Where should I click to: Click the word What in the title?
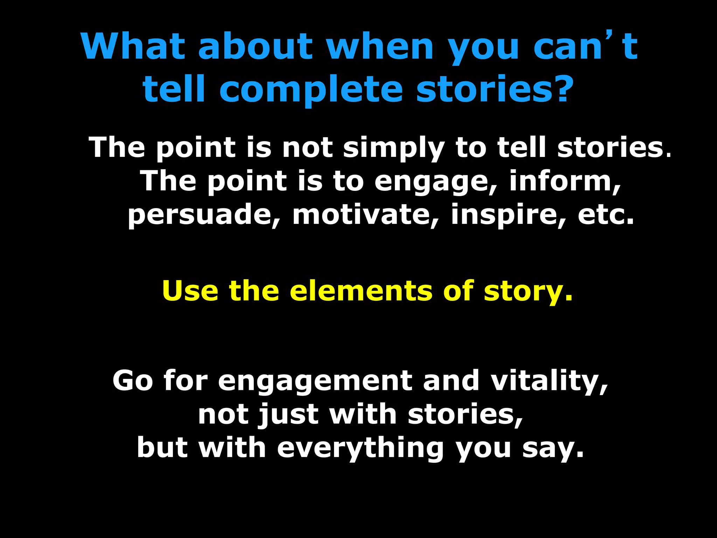133,46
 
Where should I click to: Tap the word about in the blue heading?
255,46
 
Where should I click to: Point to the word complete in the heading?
311,89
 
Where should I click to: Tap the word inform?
565,181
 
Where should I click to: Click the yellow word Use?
190,291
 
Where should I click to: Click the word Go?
133,381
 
